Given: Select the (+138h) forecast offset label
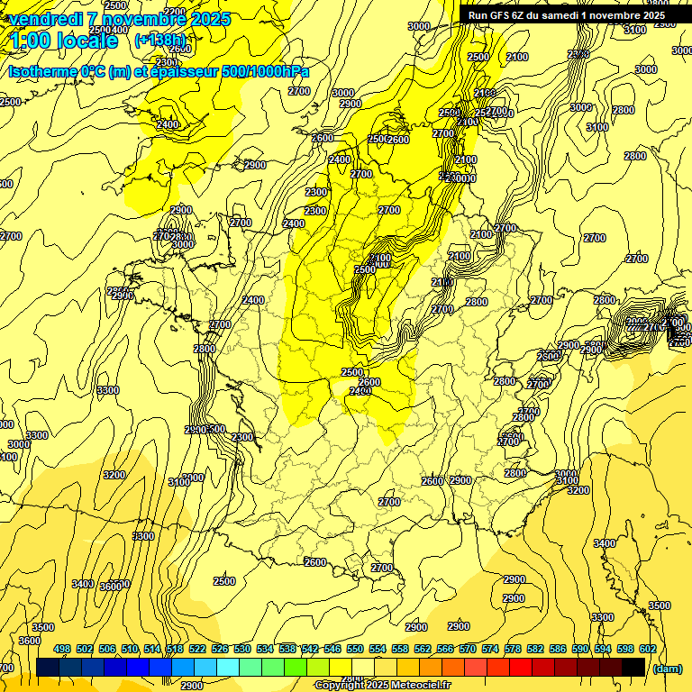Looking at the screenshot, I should (159, 40).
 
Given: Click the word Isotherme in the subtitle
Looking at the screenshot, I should (41, 71).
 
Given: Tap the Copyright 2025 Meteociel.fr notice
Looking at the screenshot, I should (383, 685).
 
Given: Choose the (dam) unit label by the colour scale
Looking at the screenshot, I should (667, 668).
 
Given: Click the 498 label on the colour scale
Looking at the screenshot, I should (62, 650).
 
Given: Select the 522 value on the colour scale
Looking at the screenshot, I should (197, 650).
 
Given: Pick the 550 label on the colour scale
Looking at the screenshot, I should (355, 650).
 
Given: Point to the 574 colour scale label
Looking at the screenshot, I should (490, 650).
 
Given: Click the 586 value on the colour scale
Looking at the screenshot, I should (558, 650).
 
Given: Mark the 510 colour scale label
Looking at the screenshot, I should (130, 650).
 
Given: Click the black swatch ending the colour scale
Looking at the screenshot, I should (633, 667).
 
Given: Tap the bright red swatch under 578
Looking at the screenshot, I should (521, 667).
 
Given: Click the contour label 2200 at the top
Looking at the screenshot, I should (176, 12).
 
